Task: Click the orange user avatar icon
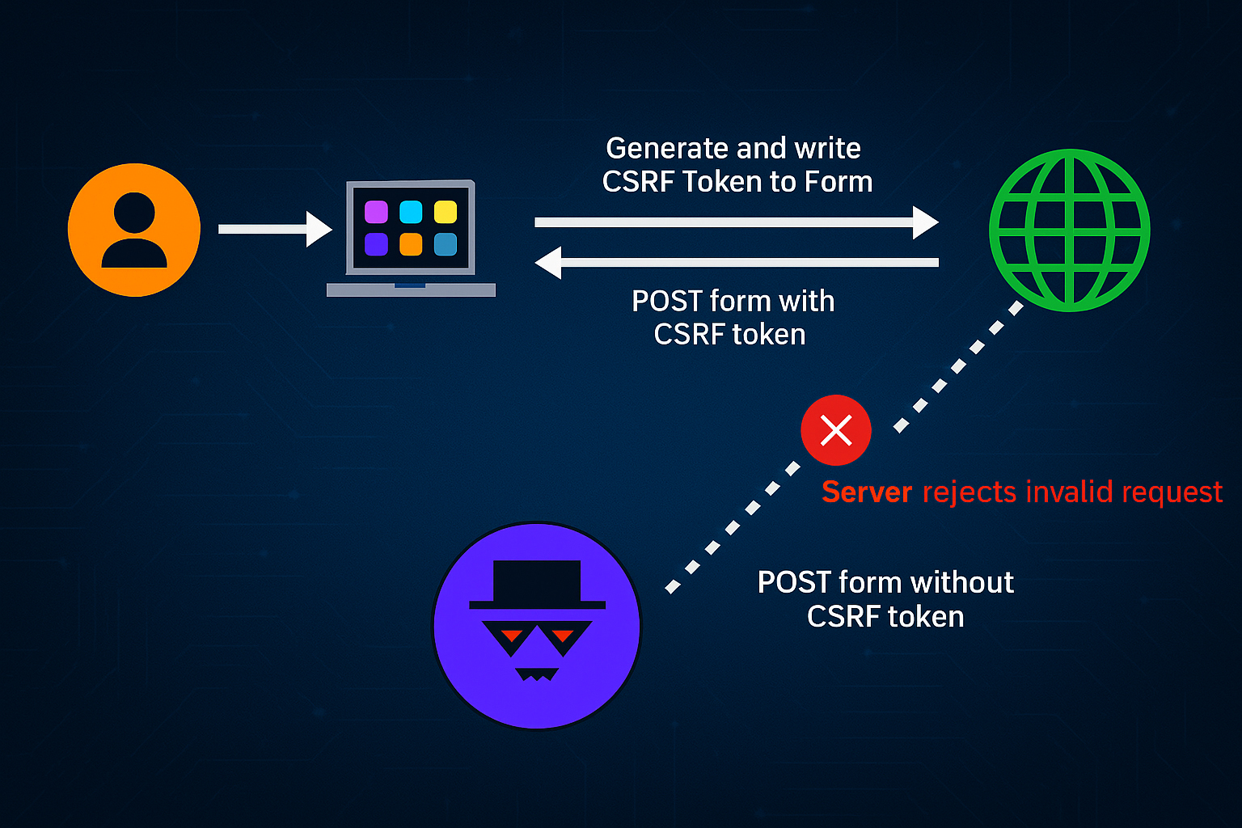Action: coord(134,230)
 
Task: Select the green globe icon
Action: coord(1069,230)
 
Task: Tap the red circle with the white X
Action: coord(836,430)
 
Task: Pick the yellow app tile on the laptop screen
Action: coord(446,212)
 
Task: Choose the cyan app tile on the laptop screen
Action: coord(411,212)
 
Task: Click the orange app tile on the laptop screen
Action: coord(411,244)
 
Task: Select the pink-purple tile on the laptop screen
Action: coord(376,212)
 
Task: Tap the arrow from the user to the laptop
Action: coord(275,230)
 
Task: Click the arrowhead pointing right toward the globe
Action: coord(925,222)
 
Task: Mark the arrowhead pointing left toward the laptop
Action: coord(549,263)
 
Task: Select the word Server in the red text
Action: coord(867,492)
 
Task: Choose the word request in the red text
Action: coord(1172,492)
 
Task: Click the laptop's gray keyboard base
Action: coord(411,290)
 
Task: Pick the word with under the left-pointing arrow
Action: coord(805,301)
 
